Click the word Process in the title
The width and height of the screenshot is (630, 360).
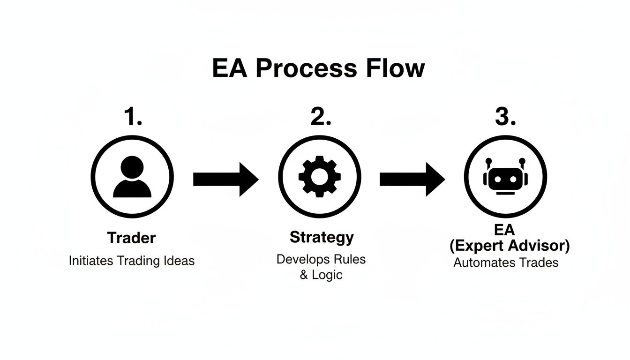306,68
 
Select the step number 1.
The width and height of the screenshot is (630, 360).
133,116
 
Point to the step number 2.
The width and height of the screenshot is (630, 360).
321,116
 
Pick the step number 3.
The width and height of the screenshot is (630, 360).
505,116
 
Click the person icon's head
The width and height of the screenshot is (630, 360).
132,167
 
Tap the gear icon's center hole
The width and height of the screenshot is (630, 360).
320,177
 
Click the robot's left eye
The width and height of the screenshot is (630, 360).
498,179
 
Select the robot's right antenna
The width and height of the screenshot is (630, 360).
522,164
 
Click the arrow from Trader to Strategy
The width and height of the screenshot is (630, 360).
226,180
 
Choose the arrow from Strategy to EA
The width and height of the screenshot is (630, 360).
412,180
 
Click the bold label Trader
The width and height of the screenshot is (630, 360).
131,238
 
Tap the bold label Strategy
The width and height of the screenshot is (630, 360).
322,237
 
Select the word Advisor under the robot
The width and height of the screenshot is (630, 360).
540,246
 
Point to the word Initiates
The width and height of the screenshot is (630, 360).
91,261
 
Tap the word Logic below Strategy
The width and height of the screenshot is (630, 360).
327,275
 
